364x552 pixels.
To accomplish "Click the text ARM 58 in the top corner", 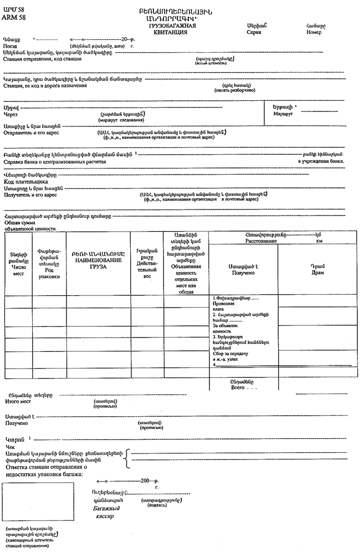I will click(x=14, y=18).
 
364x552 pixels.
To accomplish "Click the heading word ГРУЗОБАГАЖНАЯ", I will click(x=172, y=25).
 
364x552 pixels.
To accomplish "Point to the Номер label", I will click(x=314, y=32).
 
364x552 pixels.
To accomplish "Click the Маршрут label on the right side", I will click(x=283, y=114).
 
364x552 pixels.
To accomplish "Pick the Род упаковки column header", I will click(x=49, y=272).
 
